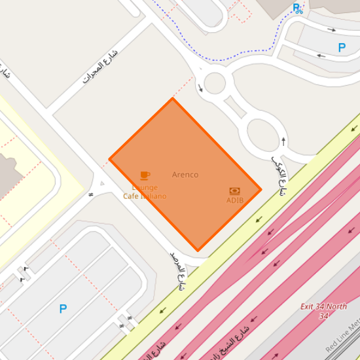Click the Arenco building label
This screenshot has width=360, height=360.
185,175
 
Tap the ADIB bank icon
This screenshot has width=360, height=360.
234,190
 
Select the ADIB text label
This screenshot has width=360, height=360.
234,200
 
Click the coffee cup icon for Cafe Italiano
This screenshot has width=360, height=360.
145,175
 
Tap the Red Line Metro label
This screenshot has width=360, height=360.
344,336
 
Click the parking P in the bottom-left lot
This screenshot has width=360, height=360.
63,309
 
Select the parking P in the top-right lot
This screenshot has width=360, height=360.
341,48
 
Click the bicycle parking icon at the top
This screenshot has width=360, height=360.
298,9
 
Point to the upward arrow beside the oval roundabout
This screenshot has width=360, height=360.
283,140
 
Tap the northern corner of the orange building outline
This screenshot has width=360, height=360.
172,99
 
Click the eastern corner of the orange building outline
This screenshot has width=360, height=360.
261,190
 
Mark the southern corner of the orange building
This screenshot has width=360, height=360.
198,250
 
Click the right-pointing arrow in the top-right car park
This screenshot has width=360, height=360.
332,29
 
